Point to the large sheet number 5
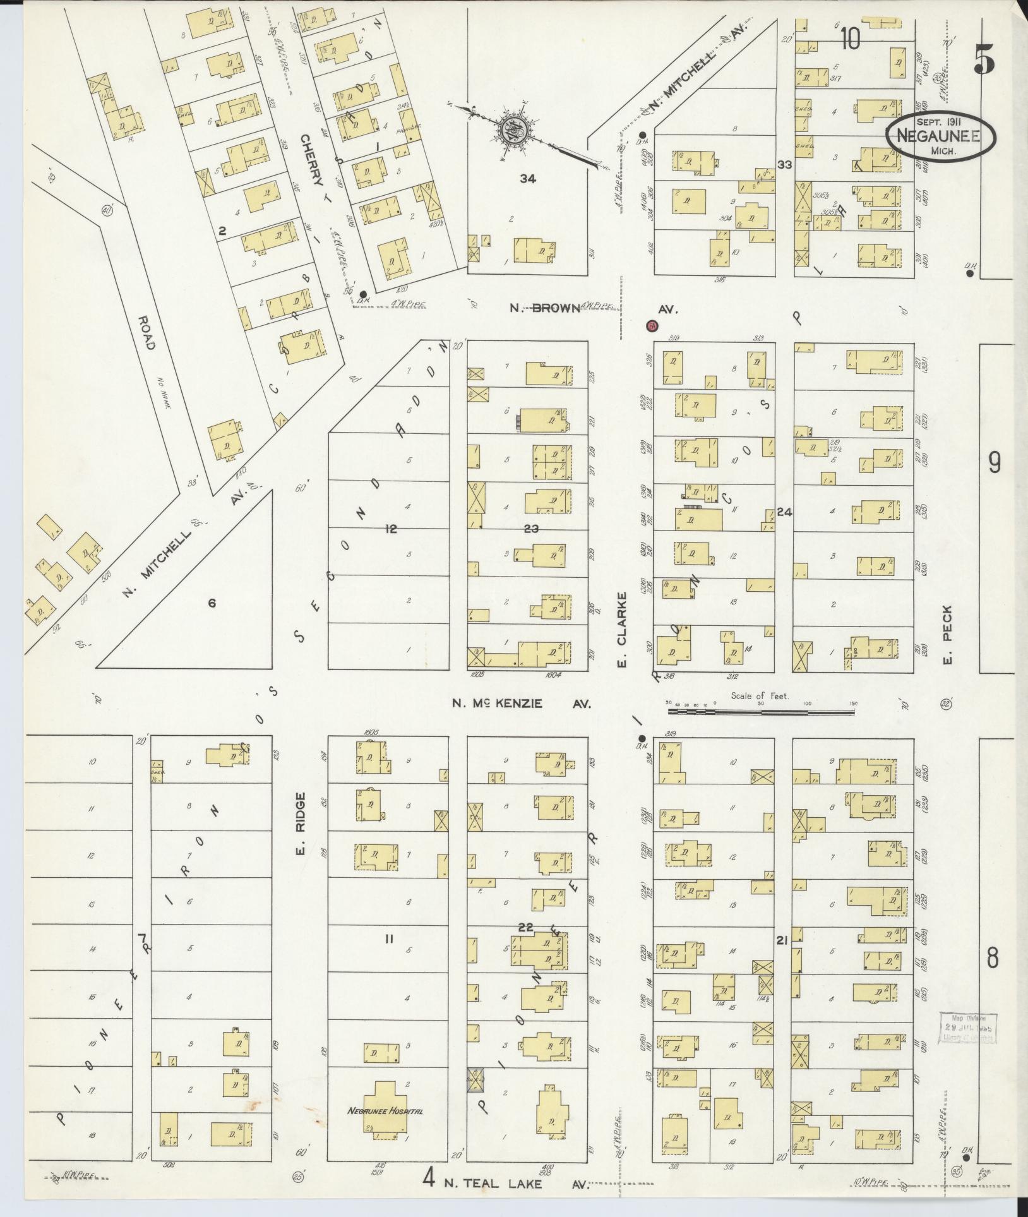coord(984,62)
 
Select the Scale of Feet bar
coord(761,712)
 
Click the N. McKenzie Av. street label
coord(522,703)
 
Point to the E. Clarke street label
coord(621,629)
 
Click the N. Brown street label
coord(545,309)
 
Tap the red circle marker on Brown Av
coord(651,327)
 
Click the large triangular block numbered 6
coord(212,603)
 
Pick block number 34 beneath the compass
coord(527,179)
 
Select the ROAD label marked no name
coord(145,328)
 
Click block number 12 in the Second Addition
coord(391,529)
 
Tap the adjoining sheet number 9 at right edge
coord(995,464)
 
